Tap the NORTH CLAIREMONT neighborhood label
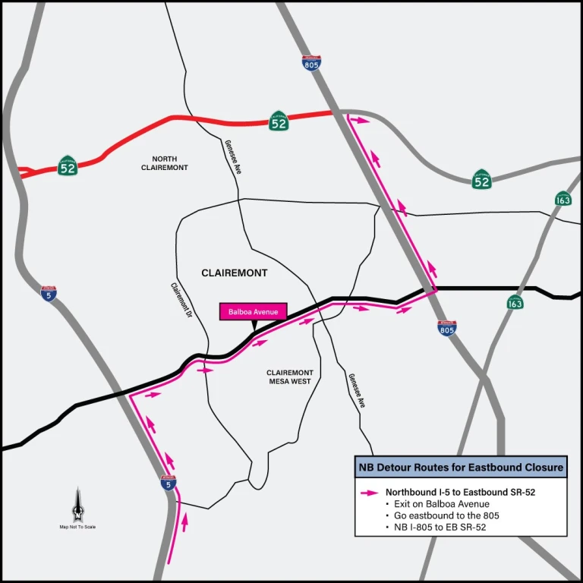pos(165,163)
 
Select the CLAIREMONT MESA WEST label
pos(289,377)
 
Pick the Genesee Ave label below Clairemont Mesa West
pos(357,391)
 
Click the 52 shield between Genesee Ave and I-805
pos(279,121)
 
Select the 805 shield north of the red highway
pos(311,64)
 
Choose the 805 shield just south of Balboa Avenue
pos(447,328)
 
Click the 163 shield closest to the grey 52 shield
pos(563,199)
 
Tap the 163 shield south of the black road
pos(515,302)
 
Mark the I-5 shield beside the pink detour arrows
pos(169,483)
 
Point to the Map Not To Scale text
pos(77,527)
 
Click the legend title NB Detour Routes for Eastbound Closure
pos(460,468)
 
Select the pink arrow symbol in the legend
pos(370,492)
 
